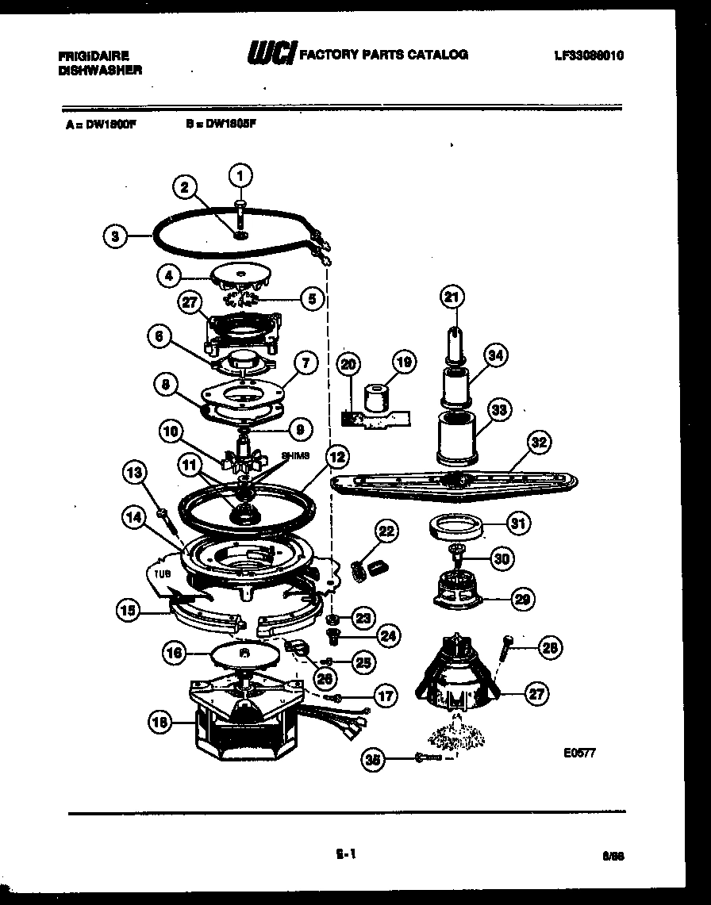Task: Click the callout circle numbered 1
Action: tap(241, 174)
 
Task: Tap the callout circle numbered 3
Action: tap(115, 235)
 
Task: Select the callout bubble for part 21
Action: tap(451, 297)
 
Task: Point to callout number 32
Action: tap(539, 443)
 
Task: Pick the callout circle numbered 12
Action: tap(336, 457)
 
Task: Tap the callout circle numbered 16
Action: tap(174, 653)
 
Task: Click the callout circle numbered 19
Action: tap(404, 363)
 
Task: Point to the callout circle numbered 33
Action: tap(499, 410)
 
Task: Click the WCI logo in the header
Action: tap(273, 54)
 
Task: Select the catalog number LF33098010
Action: tap(589, 56)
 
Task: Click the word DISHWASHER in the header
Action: tap(100, 70)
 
